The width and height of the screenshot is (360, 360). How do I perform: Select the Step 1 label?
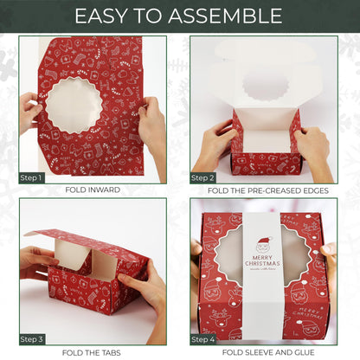click(x=31, y=177)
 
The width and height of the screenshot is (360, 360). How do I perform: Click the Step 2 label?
click(x=203, y=177)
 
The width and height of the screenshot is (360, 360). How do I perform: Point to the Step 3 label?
click(x=31, y=339)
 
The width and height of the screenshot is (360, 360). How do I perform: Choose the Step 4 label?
click(x=203, y=339)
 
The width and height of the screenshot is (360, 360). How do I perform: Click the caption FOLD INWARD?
click(x=93, y=190)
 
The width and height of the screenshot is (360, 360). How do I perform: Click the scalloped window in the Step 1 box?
click(x=75, y=105)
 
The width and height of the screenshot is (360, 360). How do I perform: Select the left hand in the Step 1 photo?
click(x=30, y=112)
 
